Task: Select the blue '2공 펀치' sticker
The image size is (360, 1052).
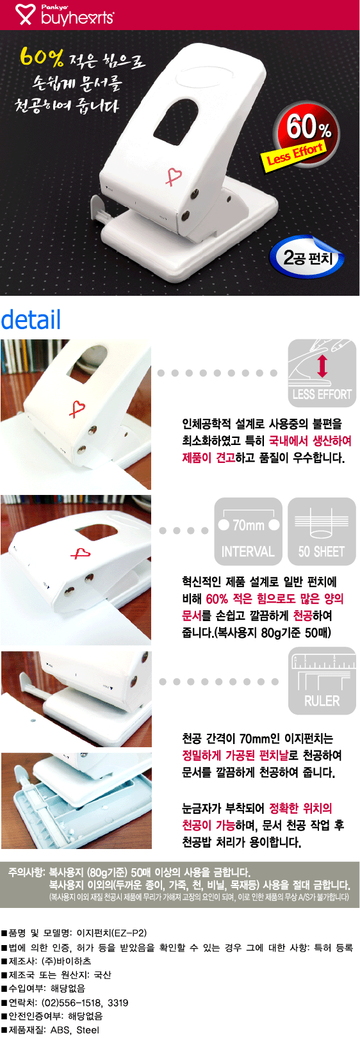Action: point(307,257)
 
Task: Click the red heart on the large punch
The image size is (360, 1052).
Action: point(174,177)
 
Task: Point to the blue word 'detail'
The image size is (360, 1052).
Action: point(31,320)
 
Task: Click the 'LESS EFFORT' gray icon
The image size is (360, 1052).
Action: point(322,373)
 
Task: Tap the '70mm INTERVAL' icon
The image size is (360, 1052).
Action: point(248,531)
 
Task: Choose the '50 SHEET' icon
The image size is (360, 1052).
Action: point(322,531)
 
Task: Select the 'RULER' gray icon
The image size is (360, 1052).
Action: point(322,681)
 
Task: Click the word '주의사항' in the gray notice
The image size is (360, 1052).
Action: point(26,873)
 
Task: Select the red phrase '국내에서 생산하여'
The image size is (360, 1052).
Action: point(309,441)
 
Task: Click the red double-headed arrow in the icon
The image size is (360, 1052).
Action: point(322,366)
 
